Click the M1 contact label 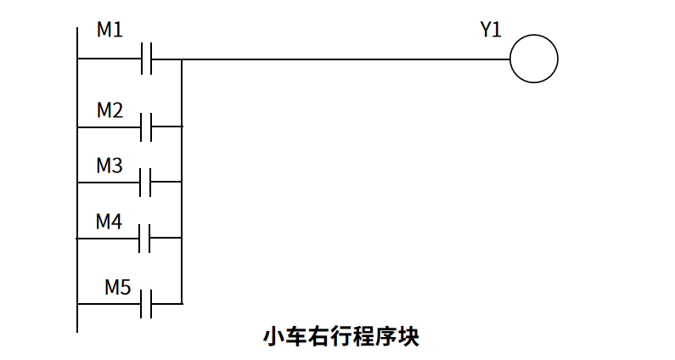click(110, 31)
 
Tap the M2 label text click(110, 110)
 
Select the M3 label click(110, 166)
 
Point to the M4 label click(110, 222)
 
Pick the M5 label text click(118, 287)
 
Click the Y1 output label click(491, 31)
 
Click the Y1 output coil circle click(534, 59)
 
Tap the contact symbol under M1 click(147, 59)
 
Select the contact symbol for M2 click(147, 127)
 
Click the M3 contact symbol click(147, 182)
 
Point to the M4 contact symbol click(147, 239)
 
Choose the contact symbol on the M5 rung click(147, 303)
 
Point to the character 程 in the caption click(363, 336)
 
